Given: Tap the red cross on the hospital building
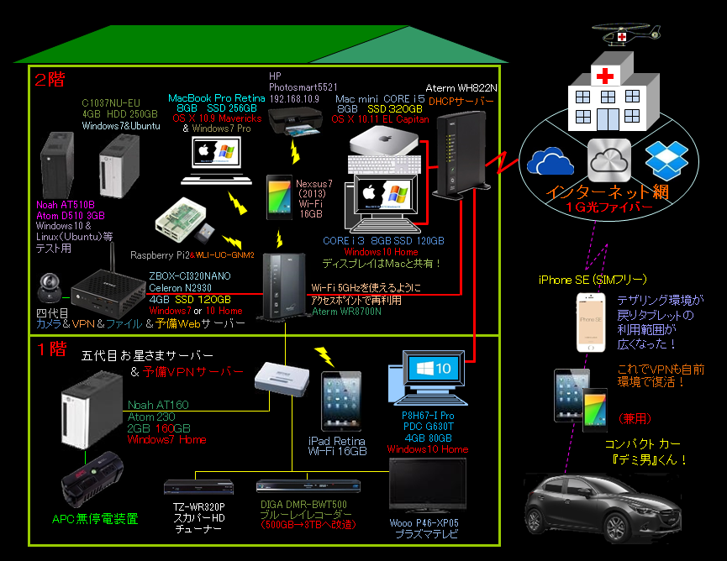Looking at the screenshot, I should pyautogui.click(x=603, y=76).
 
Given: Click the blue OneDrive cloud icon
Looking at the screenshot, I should pyautogui.click(x=551, y=161).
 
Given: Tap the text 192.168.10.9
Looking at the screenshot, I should pyautogui.click(x=294, y=99).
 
